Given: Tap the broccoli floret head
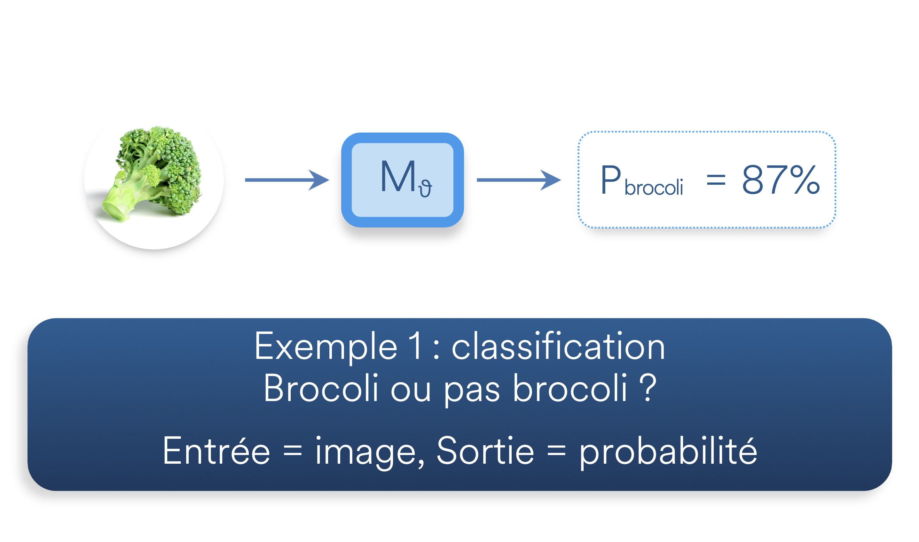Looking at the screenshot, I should [x=168, y=161].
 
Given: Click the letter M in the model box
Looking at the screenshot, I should [x=397, y=176].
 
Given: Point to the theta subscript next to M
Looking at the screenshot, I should [x=425, y=189].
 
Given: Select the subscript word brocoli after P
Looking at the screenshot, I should [x=653, y=187].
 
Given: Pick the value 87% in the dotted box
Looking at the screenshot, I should [x=781, y=180].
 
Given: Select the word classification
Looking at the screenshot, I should [x=558, y=346].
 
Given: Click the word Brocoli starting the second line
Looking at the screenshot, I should [x=320, y=388].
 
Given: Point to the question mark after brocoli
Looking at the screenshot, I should [x=648, y=388].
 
